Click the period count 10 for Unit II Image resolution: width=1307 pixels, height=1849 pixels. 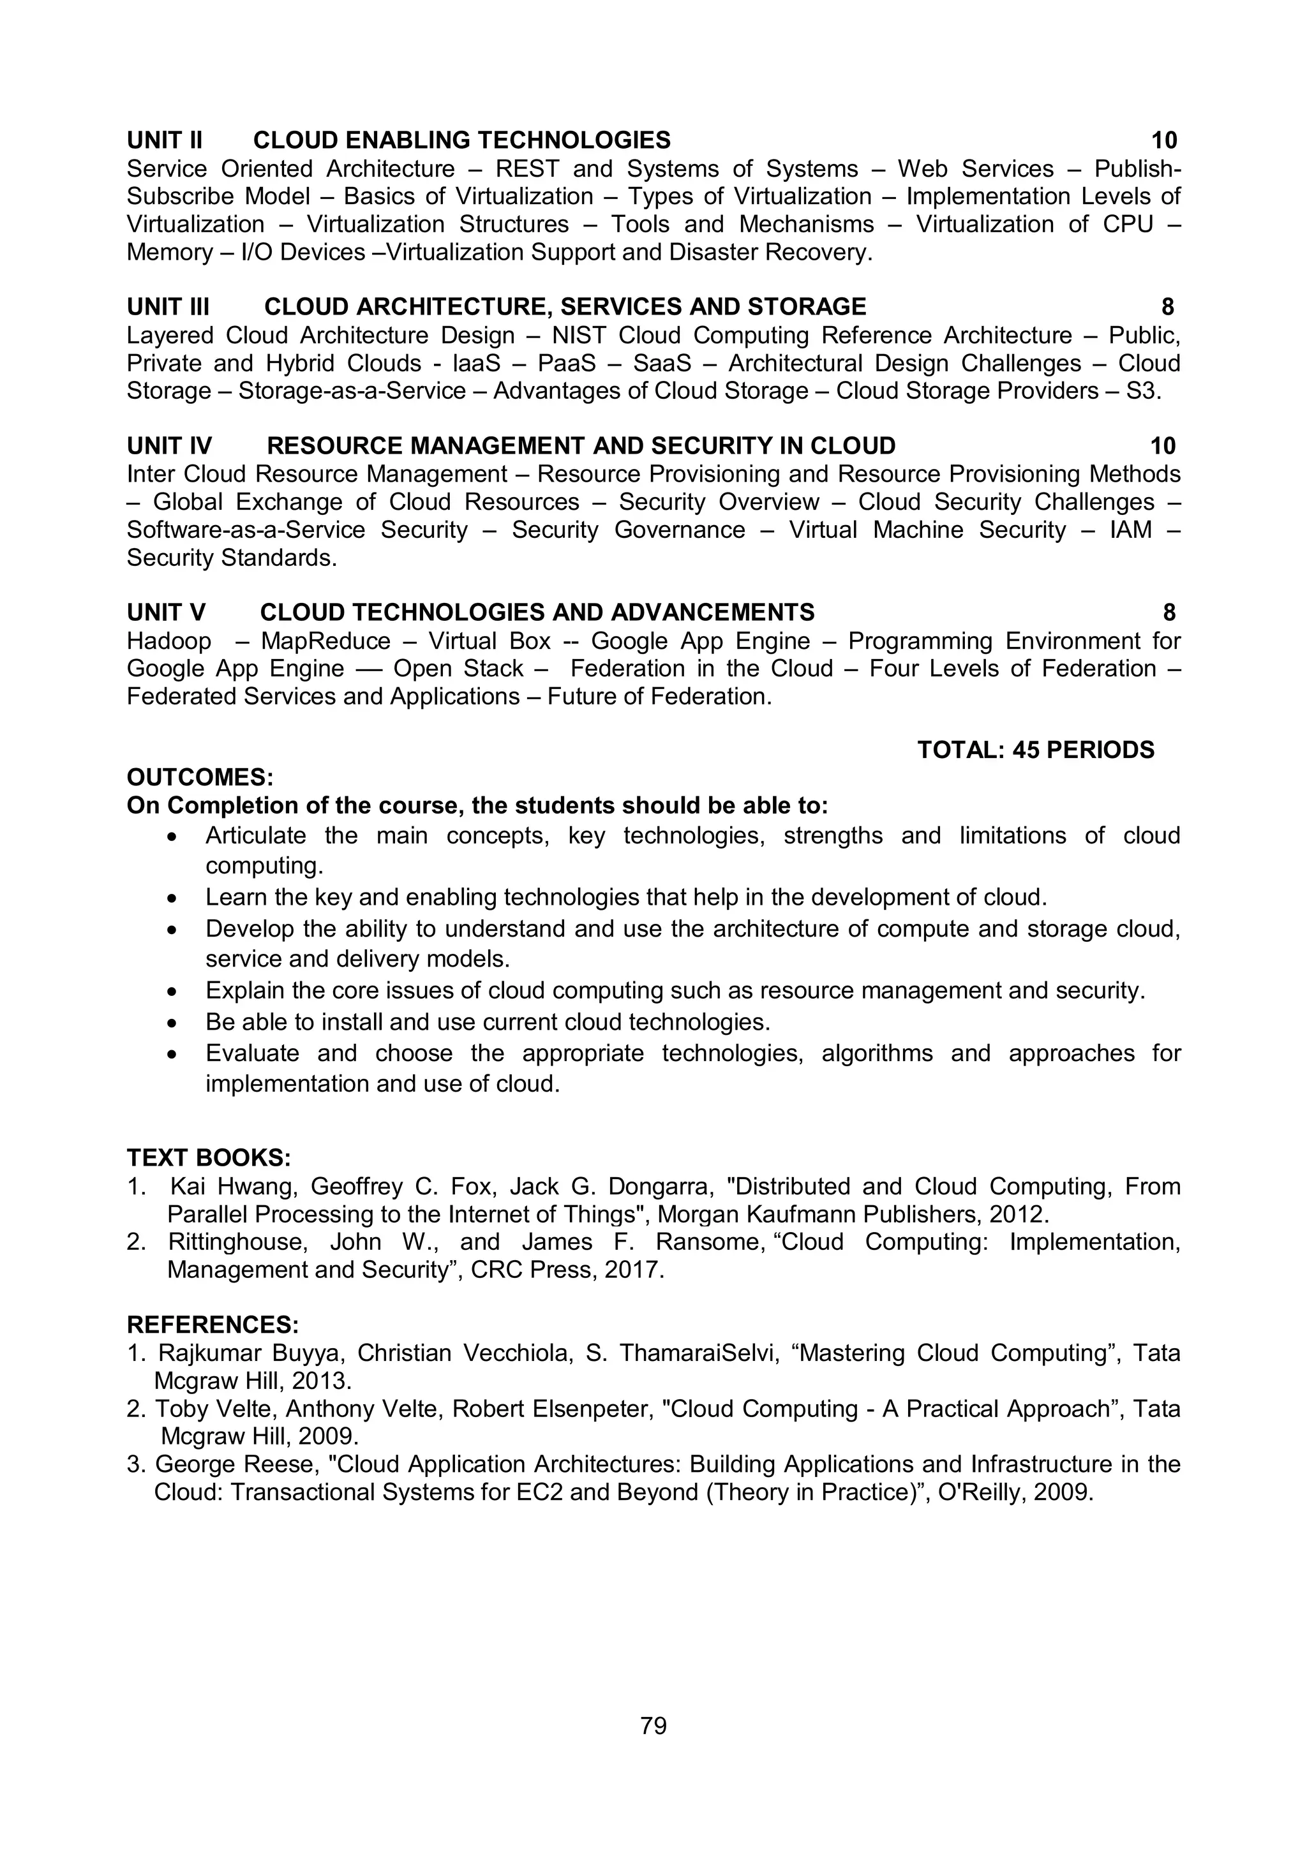coord(1163,140)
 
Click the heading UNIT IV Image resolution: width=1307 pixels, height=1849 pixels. coord(169,445)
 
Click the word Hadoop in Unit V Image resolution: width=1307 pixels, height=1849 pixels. coord(169,641)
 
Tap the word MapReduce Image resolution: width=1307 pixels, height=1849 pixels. coord(325,641)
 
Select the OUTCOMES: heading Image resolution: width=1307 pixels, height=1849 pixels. coord(200,777)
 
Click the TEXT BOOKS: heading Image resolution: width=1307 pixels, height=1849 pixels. coord(209,1158)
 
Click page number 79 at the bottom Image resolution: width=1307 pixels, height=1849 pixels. coord(653,1725)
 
